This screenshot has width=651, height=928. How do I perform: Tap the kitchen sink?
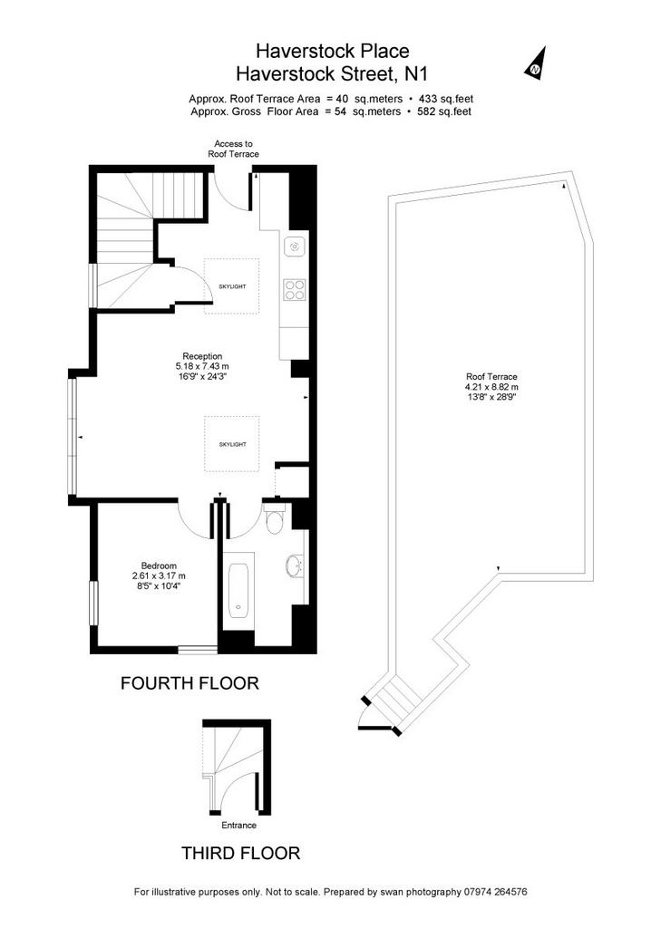pyautogui.click(x=295, y=246)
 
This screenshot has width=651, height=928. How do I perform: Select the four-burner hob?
pyautogui.click(x=295, y=290)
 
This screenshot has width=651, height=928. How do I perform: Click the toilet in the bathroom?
pyautogui.click(x=274, y=518)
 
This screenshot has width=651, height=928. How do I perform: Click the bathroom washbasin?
pyautogui.click(x=295, y=565)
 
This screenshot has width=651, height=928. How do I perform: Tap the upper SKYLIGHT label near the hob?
pyautogui.click(x=232, y=286)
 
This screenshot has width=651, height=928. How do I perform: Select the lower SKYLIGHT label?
pyautogui.click(x=232, y=444)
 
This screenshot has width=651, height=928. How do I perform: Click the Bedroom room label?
pyautogui.click(x=159, y=565)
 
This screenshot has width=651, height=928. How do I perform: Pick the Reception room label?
pyautogui.click(x=202, y=356)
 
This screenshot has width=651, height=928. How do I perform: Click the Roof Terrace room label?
pyautogui.click(x=491, y=376)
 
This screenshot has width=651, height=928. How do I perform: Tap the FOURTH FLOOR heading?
pyautogui.click(x=190, y=683)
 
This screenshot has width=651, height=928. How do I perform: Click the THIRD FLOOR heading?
pyautogui.click(x=240, y=853)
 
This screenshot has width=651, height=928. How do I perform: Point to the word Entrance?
pyautogui.click(x=239, y=825)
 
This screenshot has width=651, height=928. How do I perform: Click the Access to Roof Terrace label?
pyautogui.click(x=233, y=149)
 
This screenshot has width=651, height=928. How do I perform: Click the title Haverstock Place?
pyautogui.click(x=333, y=51)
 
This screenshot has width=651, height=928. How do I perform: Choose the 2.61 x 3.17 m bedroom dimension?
pyautogui.click(x=159, y=575)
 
